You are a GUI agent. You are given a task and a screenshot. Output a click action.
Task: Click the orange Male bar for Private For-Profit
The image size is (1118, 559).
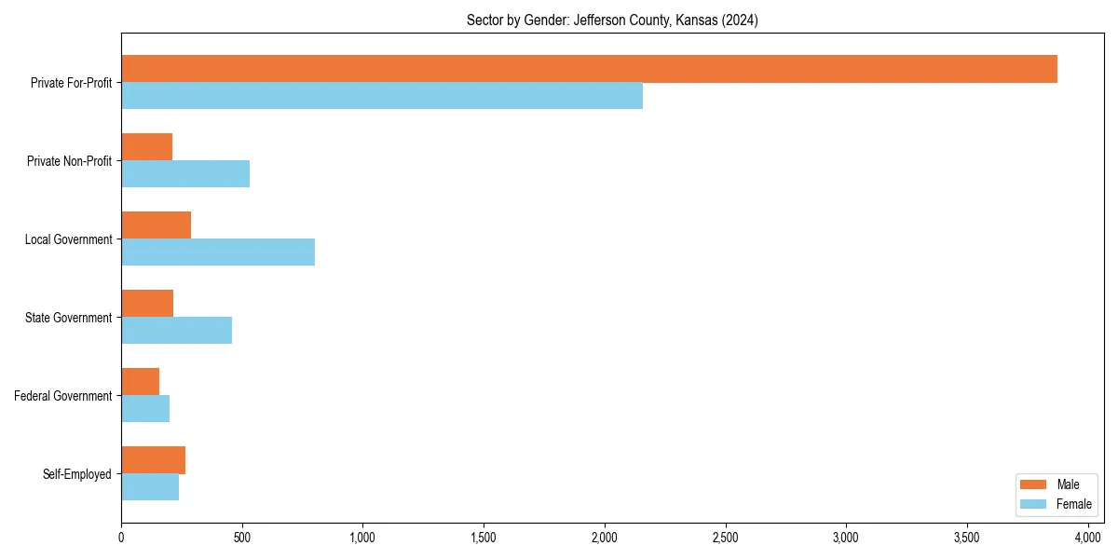(x=589, y=69)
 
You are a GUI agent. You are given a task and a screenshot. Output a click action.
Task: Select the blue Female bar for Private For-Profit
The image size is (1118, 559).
(x=382, y=96)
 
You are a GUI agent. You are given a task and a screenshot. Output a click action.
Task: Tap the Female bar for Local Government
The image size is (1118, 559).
(x=218, y=252)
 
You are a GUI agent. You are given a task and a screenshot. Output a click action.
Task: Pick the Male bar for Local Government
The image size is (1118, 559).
(x=156, y=225)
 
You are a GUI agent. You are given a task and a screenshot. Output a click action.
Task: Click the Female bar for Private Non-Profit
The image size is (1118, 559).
(x=185, y=174)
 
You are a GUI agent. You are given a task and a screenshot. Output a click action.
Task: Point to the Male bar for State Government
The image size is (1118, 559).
(x=147, y=304)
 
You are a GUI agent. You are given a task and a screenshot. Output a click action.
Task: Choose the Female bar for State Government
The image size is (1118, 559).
(x=176, y=331)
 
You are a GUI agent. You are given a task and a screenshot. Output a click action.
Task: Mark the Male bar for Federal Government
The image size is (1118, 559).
(x=140, y=382)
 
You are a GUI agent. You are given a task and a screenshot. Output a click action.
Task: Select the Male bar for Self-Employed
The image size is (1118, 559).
(x=153, y=460)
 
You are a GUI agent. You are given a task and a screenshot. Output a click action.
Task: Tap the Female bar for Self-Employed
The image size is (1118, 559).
(x=150, y=487)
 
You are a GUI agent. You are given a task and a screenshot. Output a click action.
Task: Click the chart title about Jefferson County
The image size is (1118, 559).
(x=612, y=20)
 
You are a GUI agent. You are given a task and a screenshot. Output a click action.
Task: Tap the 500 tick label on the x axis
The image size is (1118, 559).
(x=242, y=538)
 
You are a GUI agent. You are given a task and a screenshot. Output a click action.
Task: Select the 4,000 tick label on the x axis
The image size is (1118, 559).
(x=1088, y=538)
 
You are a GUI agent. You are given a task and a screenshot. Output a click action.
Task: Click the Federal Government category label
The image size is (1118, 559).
(x=63, y=396)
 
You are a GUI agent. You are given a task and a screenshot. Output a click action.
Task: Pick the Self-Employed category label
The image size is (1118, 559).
(x=77, y=474)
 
